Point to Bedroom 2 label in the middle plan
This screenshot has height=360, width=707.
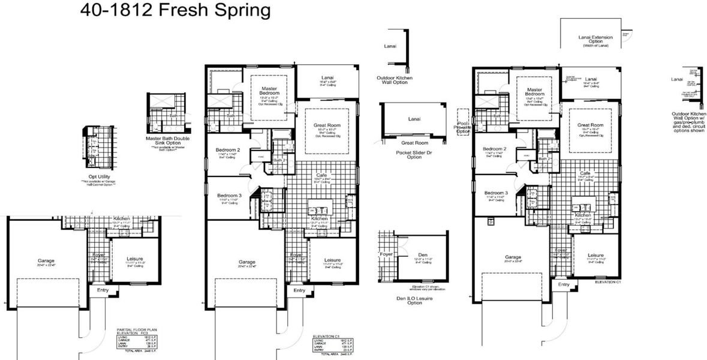coord(229,150)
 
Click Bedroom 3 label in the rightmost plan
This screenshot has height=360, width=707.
coord(496,193)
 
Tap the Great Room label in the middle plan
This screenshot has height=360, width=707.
coord(327,125)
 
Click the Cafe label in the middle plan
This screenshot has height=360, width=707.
coord(321,175)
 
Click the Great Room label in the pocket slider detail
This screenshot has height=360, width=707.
coord(414,143)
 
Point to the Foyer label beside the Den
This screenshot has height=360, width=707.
coord(387,254)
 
